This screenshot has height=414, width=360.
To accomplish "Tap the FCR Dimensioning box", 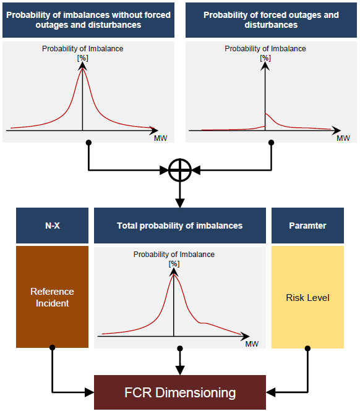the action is click(x=180, y=392).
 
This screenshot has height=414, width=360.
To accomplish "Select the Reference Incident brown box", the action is click(x=52, y=297).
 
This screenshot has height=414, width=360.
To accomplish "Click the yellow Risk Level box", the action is click(x=307, y=297).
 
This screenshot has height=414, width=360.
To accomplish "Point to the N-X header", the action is click(x=52, y=226).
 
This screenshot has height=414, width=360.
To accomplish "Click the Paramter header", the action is click(x=307, y=226).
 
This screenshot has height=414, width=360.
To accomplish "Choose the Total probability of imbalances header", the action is click(x=180, y=226).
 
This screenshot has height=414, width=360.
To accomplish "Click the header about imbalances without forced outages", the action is click(x=88, y=20).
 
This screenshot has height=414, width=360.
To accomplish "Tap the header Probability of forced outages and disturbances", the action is click(x=271, y=20).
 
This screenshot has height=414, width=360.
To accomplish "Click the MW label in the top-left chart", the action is click(x=160, y=138).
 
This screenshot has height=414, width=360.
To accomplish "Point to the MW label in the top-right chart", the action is click(x=343, y=138).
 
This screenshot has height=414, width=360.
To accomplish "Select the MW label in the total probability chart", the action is click(x=252, y=344).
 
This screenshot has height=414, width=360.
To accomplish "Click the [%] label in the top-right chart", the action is click(x=265, y=58).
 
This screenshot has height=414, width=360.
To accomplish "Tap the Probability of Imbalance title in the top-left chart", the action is click(x=82, y=49).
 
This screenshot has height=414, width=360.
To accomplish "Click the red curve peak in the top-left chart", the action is click(x=82, y=68).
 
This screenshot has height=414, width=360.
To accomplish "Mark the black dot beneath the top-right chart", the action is click(x=271, y=143).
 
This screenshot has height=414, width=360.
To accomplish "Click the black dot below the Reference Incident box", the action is click(x=52, y=347).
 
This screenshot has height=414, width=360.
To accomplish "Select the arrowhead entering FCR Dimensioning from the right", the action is click(x=271, y=392).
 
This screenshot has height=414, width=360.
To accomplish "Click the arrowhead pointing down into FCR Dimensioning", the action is click(x=180, y=370).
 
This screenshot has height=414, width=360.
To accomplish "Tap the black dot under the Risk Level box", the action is click(x=307, y=349).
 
